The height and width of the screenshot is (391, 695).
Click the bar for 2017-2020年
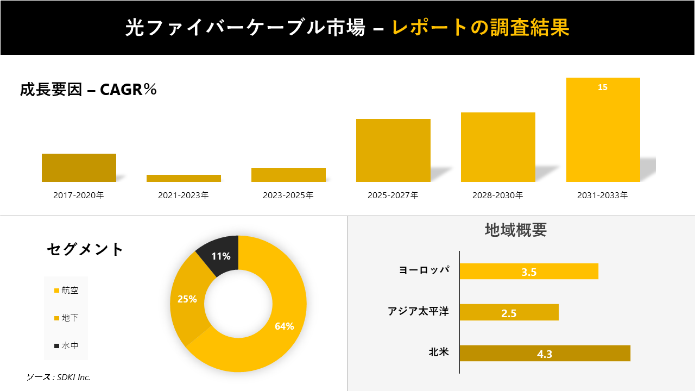79,168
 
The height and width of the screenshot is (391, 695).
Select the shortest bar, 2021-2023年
184,178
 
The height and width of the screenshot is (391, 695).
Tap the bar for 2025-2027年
393,150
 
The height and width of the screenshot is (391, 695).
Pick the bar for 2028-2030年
498,147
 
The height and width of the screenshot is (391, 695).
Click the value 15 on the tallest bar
603,87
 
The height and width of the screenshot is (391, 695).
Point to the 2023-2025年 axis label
288,195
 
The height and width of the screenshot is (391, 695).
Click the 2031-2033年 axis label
603,195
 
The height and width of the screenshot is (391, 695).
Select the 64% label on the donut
284,326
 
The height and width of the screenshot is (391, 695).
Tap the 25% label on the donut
187,299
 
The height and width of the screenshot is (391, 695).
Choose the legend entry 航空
66,291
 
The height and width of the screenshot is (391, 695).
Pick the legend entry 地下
66,318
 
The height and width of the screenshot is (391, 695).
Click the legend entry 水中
66,345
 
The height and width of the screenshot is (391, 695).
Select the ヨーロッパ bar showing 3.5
529,272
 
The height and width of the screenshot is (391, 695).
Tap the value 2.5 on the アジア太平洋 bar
509,313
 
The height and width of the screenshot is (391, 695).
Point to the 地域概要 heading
515,230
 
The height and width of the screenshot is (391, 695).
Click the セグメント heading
85,249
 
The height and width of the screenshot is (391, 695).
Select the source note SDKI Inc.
59,377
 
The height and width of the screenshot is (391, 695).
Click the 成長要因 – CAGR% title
89,90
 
